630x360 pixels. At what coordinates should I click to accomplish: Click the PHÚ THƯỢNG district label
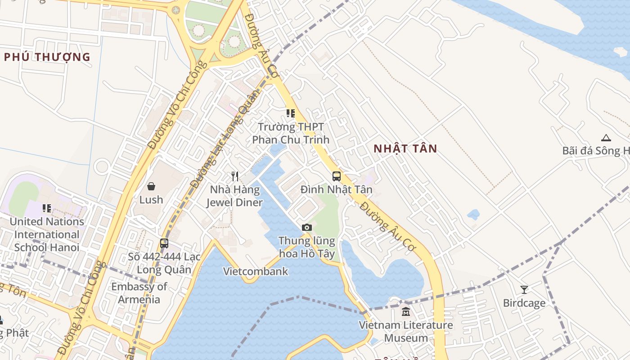tap(47, 57)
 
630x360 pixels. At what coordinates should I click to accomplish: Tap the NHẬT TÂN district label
tap(405, 148)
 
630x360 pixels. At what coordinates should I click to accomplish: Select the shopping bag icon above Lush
tap(151, 186)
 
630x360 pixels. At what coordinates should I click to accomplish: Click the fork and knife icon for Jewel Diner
tap(234, 176)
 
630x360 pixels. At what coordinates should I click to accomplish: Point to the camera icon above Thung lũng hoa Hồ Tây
tap(307, 227)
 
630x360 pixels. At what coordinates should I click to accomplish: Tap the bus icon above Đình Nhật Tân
tap(337, 176)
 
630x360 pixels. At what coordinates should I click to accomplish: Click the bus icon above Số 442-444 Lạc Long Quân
tap(164, 243)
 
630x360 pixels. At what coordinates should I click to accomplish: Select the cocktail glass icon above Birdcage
tap(524, 289)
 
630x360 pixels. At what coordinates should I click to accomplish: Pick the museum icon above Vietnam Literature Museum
tap(406, 311)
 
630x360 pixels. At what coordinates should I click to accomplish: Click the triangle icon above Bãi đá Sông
tap(606, 138)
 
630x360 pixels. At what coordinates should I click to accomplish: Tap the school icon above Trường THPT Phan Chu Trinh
tap(291, 113)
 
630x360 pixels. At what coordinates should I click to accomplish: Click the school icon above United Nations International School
tap(47, 208)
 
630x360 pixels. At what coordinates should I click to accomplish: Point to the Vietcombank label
tap(256, 271)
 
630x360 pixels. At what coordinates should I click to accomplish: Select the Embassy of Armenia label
tap(139, 293)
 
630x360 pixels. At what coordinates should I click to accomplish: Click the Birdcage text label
tap(524, 303)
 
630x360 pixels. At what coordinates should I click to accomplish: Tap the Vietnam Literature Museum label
tap(406, 331)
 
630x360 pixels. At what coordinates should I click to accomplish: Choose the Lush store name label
tap(151, 199)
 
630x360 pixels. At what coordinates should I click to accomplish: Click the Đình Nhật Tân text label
tap(337, 189)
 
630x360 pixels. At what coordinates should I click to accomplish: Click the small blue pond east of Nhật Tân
tap(473, 215)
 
